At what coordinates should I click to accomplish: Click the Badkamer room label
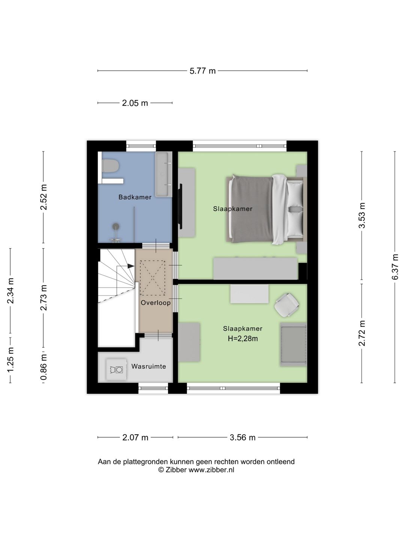135,197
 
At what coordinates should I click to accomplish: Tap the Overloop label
156,303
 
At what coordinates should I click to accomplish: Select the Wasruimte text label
148,366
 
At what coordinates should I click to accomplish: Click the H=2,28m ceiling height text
243,339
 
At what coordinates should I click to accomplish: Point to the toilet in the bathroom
110,166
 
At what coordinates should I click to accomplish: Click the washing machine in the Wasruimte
117,369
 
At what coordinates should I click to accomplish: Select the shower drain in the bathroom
115,226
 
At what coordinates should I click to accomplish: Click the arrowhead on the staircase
131,266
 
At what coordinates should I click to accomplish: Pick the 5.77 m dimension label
202,71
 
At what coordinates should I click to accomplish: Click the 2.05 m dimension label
135,103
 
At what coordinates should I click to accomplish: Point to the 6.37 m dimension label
394,267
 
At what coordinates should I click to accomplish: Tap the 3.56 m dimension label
243,437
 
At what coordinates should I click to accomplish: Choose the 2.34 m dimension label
10,291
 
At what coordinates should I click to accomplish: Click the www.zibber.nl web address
211,469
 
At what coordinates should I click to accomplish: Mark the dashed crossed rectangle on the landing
153,278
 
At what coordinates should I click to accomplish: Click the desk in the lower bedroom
249,294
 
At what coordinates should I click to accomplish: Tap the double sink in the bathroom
163,174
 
